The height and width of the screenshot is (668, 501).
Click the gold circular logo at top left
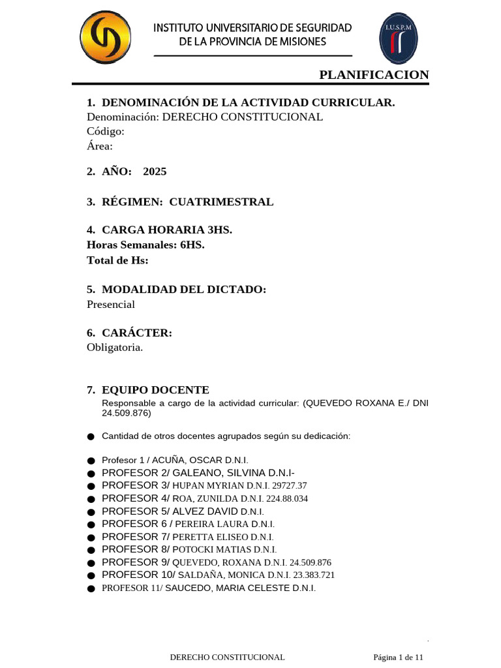click(105, 38)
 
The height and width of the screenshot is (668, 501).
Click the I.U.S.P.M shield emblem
click(399, 38)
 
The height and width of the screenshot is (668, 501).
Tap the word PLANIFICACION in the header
click(374, 75)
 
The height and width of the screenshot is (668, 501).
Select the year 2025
click(155, 172)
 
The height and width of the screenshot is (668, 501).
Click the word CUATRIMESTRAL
click(221, 202)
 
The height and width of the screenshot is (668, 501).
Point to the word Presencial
click(111, 305)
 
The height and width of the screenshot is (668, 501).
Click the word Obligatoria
click(114, 348)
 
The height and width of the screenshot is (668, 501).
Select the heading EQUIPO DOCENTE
click(155, 390)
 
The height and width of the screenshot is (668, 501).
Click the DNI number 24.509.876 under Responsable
click(126, 414)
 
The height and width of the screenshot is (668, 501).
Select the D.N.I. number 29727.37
click(286, 485)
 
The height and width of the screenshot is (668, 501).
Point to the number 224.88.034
click(285, 498)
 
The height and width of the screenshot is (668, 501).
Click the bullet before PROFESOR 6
click(90, 524)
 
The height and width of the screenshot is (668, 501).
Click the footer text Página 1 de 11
click(399, 657)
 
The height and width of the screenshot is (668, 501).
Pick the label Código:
click(105, 131)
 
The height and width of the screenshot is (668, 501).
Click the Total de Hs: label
click(117, 260)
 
